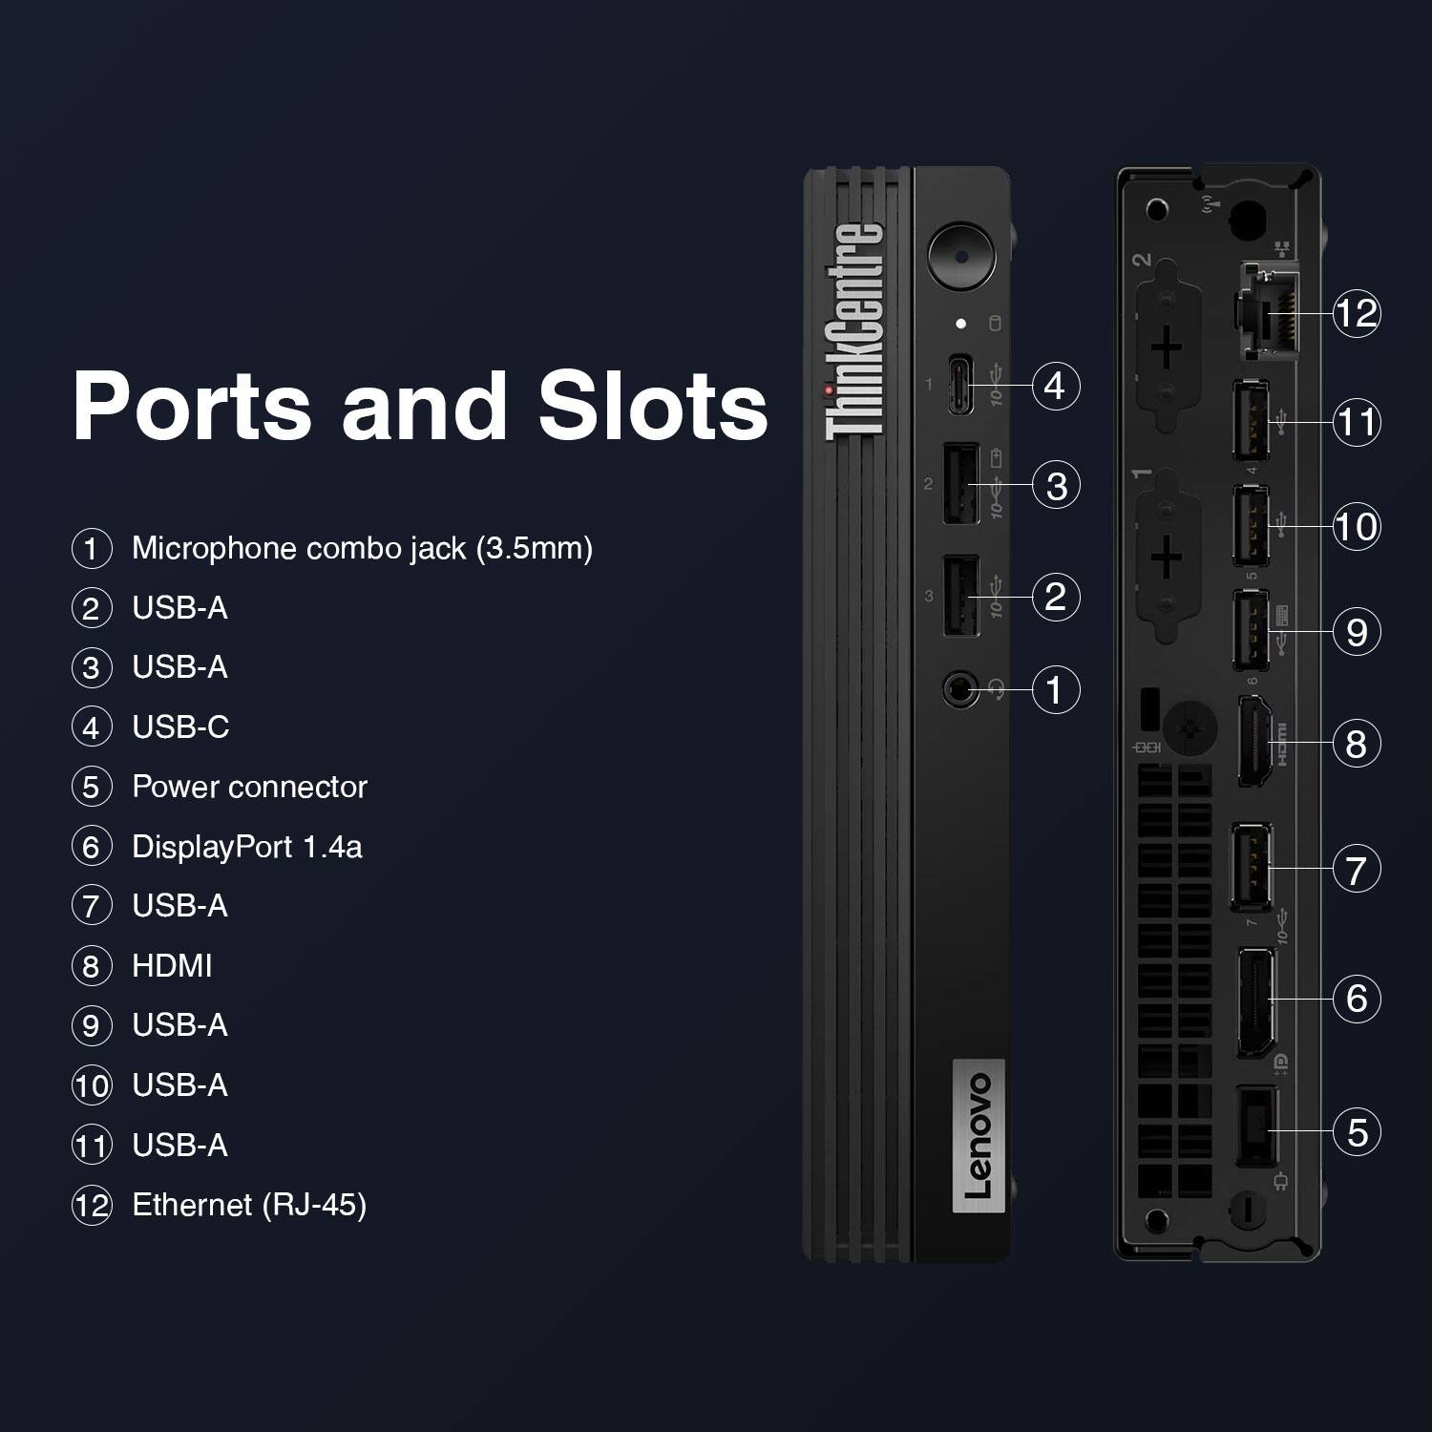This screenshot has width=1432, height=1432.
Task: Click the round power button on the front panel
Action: [x=960, y=255]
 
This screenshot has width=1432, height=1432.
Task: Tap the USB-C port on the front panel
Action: [x=961, y=385]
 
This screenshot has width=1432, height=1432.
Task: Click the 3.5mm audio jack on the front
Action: [x=960, y=688]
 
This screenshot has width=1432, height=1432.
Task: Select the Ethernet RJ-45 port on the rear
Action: [x=1264, y=313]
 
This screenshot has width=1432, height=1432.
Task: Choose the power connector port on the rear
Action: [x=1256, y=1125]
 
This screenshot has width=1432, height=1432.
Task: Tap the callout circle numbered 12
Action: [x=1357, y=312]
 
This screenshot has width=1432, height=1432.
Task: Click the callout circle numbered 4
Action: [x=1055, y=386]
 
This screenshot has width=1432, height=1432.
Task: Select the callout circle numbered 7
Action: [x=1357, y=869]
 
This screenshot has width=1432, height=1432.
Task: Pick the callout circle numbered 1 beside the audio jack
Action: [x=1055, y=689]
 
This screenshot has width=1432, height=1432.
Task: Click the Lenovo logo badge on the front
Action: [x=979, y=1134]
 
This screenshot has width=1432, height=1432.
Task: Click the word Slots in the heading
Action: [x=653, y=405]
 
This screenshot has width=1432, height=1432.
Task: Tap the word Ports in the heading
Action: [x=192, y=405]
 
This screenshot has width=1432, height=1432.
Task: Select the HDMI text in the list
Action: [x=172, y=965]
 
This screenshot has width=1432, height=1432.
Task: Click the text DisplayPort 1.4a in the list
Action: [x=247, y=847]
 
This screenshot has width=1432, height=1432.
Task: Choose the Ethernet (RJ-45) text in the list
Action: [x=249, y=1205]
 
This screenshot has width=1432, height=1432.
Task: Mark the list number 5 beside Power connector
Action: [x=92, y=788]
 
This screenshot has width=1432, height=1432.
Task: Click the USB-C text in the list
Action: [x=180, y=727]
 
